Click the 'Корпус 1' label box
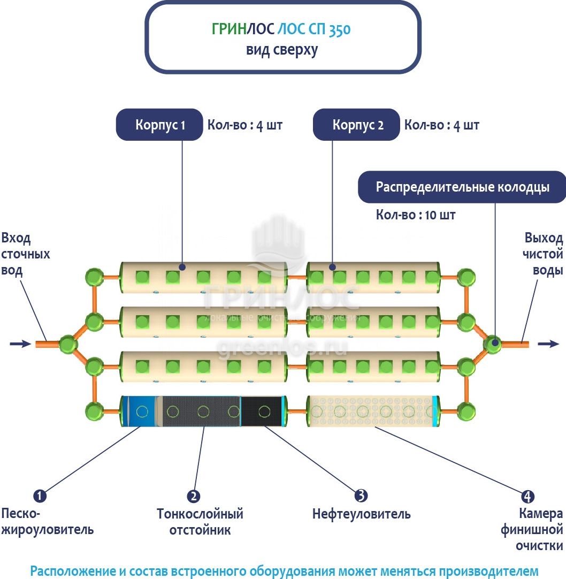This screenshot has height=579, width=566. (159, 125)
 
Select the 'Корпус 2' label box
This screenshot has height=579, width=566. (356, 125)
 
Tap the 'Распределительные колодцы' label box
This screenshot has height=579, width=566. (462, 187)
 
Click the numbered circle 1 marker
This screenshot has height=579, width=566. (40, 496)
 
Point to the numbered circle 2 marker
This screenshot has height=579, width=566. (194, 496)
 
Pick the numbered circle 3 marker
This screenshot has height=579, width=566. (362, 496)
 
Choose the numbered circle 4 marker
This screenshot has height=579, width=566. (527, 496)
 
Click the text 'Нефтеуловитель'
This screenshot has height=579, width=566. (362, 514)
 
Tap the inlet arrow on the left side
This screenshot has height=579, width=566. (20, 344)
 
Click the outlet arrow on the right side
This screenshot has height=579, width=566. (548, 344)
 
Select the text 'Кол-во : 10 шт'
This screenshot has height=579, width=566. (416, 215)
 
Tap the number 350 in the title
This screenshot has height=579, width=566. (340, 29)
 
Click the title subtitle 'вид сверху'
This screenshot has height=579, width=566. (282, 50)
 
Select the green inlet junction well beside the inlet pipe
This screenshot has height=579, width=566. (68, 344)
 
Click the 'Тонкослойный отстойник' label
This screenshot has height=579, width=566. (200, 522)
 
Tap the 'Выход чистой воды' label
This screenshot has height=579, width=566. (543, 254)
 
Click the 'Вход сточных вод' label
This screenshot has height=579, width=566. (26, 254)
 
